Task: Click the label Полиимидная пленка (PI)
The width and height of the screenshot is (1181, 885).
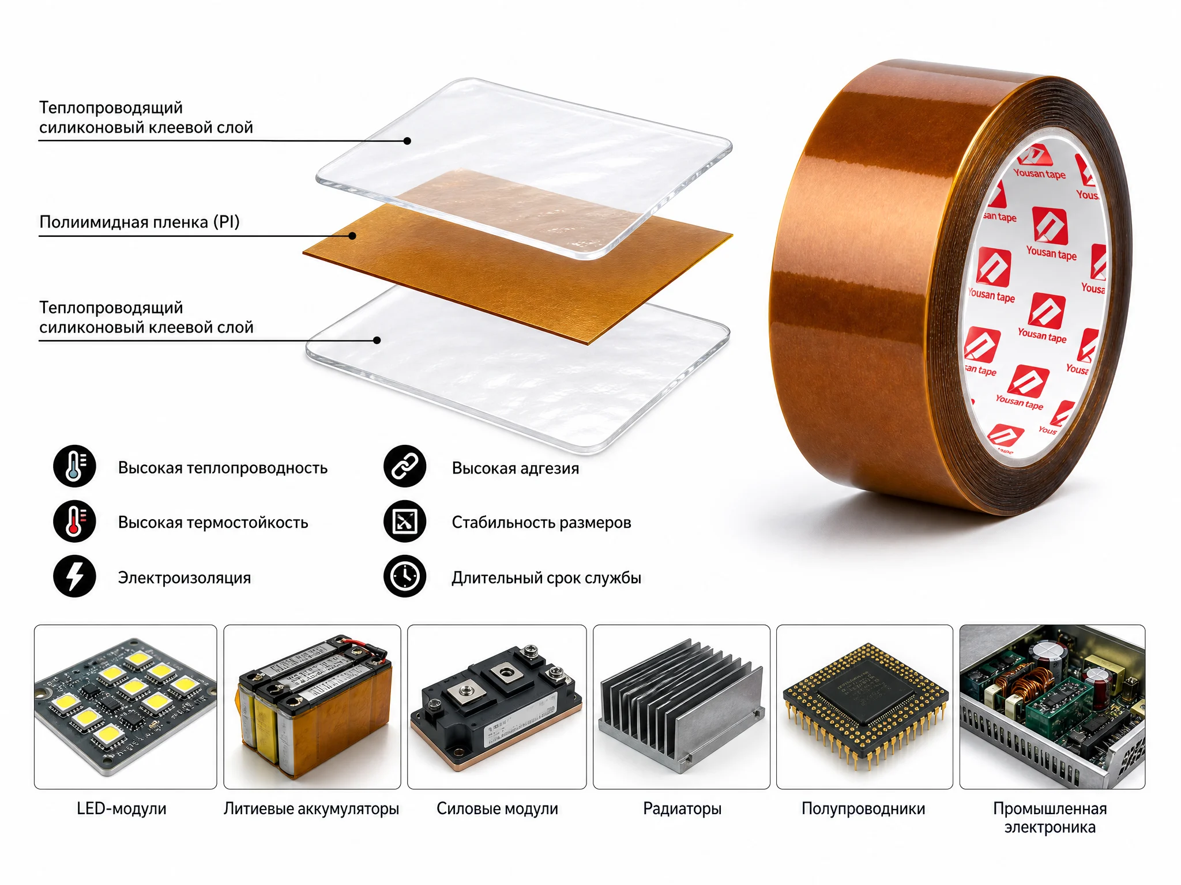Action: point(139,222)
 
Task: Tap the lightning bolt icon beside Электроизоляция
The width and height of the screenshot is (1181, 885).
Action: point(74,576)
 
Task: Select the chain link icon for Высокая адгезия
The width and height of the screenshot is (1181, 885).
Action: point(405,466)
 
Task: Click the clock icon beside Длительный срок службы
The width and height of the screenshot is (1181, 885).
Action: point(405,576)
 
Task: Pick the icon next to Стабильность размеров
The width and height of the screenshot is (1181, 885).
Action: point(405,521)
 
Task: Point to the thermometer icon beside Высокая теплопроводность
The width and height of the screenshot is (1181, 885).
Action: point(74,466)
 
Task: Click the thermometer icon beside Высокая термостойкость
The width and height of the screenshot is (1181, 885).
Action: point(74,521)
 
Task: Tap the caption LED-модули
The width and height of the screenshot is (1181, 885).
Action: point(122,808)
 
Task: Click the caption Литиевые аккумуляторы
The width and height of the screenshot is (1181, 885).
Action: point(311,809)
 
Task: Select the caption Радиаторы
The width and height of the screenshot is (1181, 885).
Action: point(682,809)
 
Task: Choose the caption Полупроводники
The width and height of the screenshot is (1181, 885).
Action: point(863,809)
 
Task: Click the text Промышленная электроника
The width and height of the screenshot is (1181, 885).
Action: point(1050,818)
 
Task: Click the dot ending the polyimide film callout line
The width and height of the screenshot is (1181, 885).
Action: point(352,236)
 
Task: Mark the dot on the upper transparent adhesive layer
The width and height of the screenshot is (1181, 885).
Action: point(407,141)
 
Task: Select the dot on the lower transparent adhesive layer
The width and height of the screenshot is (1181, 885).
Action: point(377,341)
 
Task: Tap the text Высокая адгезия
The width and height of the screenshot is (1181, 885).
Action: point(516,468)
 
